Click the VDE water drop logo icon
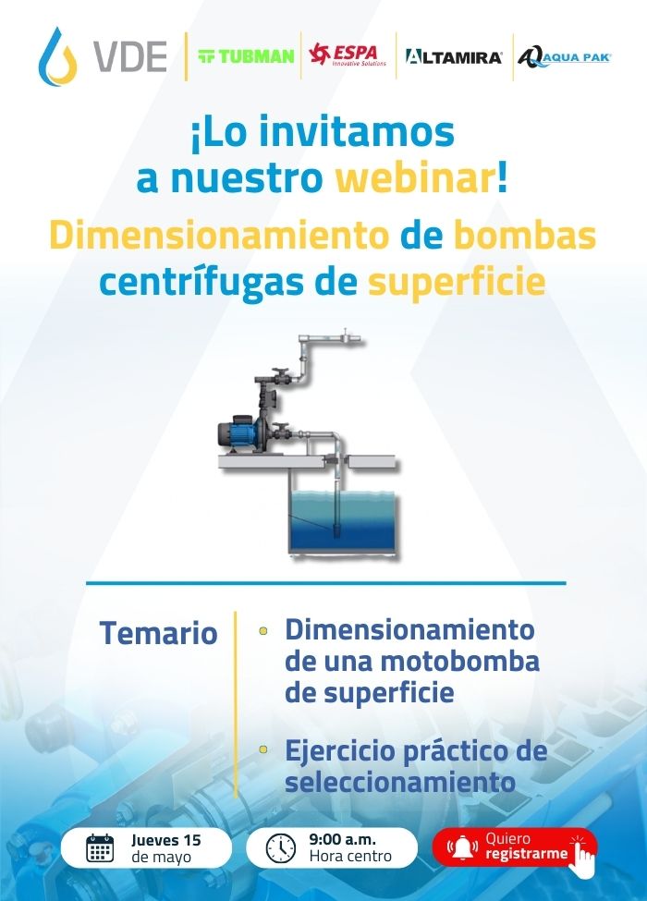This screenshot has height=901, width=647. tap(57, 56)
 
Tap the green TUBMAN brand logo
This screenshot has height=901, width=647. tap(246, 56)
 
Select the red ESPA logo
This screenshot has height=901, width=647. tap(348, 55)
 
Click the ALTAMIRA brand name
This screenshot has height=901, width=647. tap(454, 57)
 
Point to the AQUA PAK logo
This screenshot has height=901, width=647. tap(564, 57)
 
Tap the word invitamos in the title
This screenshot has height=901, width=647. tap(356, 131)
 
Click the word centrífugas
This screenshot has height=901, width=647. tap(201, 284)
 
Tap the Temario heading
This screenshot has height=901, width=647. tap(159, 633)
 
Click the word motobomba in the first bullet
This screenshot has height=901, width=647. tap(460, 662)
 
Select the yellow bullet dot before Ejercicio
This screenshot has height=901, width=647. tap(263, 749)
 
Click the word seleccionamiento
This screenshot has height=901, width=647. tap(400, 782)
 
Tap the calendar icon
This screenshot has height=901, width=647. tap(100, 848)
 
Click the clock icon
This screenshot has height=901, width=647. tap(281, 848)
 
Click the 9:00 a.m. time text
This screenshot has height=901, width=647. tap(343, 839)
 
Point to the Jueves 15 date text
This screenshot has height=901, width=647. tap(166, 840)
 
